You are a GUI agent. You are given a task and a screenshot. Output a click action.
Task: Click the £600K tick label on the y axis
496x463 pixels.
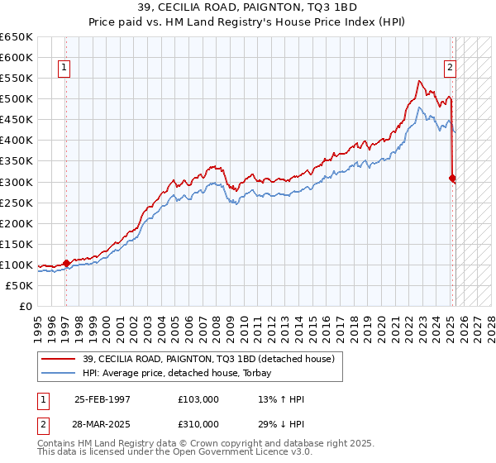tap(17, 58)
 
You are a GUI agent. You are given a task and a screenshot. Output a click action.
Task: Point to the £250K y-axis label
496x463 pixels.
tap(17, 203)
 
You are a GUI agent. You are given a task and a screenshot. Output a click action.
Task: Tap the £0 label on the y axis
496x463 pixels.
tap(25, 306)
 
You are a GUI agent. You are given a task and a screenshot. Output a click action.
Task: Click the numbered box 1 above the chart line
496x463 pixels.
tap(64, 69)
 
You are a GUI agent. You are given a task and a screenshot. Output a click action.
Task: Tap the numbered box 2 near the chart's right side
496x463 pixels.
tap(450, 69)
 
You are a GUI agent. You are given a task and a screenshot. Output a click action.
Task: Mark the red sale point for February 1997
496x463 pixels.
tap(67, 263)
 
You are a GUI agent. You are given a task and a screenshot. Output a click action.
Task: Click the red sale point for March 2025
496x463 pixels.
tap(452, 177)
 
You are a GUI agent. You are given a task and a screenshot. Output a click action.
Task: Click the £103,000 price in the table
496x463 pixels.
tap(198, 399)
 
